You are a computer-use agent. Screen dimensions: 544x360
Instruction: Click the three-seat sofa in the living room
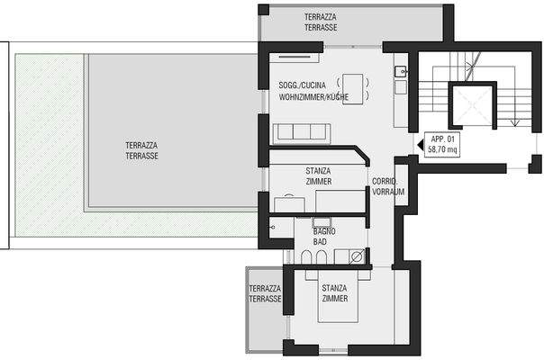(x=302, y=133)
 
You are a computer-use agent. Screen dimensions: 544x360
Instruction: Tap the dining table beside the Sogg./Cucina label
(x=353, y=89)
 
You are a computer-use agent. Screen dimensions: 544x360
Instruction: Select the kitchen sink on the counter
(x=401, y=71)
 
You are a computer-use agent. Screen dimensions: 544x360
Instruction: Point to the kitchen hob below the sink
(x=401, y=87)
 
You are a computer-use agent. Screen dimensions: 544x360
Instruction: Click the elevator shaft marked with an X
(x=473, y=105)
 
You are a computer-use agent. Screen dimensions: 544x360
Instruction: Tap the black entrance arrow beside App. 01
(x=420, y=145)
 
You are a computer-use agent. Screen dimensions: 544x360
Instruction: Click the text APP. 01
(x=442, y=139)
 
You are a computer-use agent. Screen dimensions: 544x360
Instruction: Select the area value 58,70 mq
(x=442, y=149)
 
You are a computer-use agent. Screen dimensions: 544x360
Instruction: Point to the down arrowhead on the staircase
(x=514, y=122)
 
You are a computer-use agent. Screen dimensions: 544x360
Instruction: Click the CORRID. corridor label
(x=385, y=181)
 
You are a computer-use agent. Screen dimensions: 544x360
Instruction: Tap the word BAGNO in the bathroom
(x=324, y=231)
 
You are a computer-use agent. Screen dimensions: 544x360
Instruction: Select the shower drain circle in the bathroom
(x=357, y=256)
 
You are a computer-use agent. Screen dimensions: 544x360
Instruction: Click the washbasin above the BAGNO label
(x=322, y=222)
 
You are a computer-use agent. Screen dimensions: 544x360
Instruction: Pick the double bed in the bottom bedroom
(x=338, y=296)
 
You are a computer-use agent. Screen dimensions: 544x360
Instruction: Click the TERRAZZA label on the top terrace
(x=321, y=16)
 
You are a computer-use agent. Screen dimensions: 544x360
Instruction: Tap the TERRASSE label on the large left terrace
(x=141, y=156)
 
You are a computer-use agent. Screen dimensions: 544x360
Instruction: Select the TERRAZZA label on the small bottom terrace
(x=265, y=289)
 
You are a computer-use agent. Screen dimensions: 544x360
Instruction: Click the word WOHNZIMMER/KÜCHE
(x=313, y=97)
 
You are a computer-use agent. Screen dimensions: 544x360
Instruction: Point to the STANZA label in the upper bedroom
(x=318, y=171)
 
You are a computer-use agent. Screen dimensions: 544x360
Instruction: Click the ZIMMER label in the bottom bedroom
(x=335, y=298)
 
